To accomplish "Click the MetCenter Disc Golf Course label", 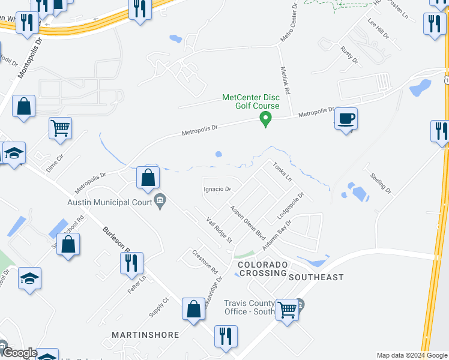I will coord(250,101).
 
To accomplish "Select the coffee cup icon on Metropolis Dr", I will coord(346,118).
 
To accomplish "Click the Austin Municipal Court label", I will coord(110,202).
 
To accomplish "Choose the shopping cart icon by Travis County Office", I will coord(288,310).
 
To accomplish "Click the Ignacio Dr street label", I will coord(217,189).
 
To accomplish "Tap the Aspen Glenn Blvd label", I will coord(247,220).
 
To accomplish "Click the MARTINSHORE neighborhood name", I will coord(145,334).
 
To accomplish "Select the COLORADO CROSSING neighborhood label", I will coord(262,269).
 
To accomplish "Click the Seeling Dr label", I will coord(381,182).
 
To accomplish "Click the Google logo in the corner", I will coord(19,353).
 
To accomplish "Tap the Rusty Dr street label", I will coord(349,55).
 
